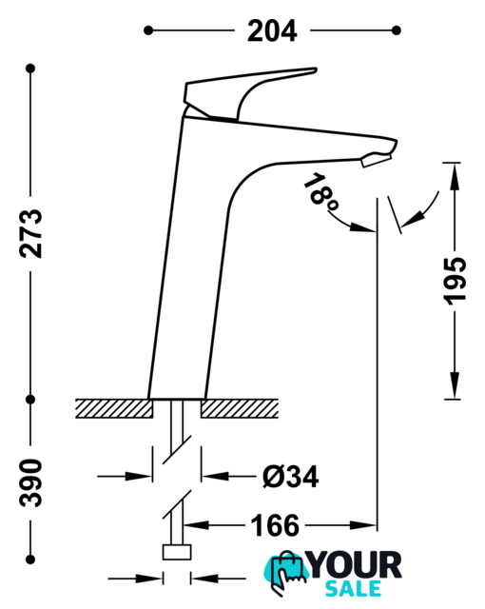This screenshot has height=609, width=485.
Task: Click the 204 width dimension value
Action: [272, 30]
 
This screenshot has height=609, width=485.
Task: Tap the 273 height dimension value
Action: [30, 233]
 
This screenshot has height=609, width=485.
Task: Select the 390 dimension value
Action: [30, 482]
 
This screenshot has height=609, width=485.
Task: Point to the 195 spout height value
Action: [455, 281]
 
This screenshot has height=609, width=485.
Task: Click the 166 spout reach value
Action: [275, 525]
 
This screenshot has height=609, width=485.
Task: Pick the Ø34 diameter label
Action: [291, 476]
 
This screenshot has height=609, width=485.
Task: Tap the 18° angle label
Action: [320, 193]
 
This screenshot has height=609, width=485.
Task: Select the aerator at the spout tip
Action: [376, 159]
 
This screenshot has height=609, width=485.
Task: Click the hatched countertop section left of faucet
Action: [114, 408]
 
